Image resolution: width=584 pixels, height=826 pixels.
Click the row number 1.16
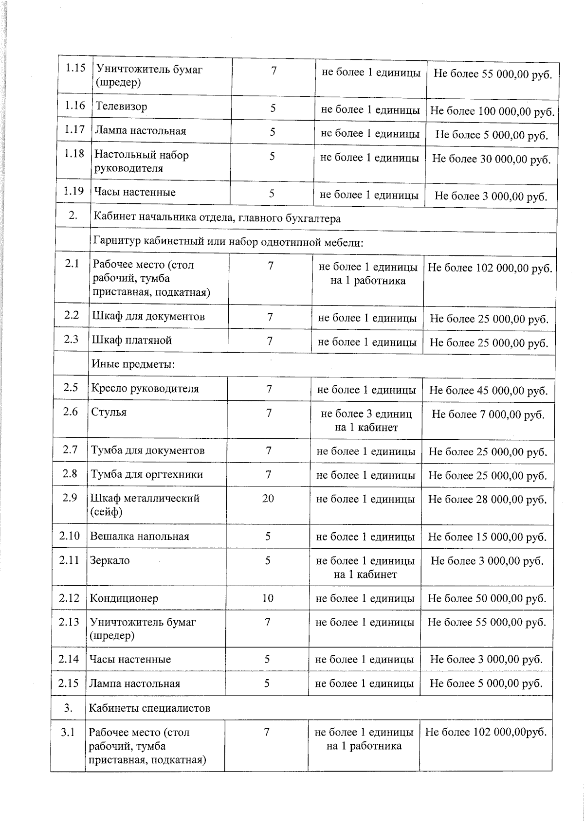pyautogui.click(x=74, y=106)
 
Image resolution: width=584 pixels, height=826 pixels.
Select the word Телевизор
pyautogui.click(x=121, y=107)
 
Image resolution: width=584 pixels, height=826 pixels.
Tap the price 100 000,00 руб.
pyautogui.click(x=492, y=111)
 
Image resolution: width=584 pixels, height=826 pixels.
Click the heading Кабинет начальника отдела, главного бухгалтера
pyautogui.click(x=217, y=218)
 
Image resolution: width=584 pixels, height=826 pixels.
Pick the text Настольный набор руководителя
pyautogui.click(x=141, y=162)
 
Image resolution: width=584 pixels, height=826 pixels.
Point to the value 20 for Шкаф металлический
pyautogui.click(x=268, y=499)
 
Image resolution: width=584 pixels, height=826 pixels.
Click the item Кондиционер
pyautogui.click(x=124, y=598)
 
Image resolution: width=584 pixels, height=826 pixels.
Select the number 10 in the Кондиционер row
pyautogui.click(x=268, y=598)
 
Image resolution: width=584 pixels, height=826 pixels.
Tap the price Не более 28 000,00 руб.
pyautogui.click(x=487, y=500)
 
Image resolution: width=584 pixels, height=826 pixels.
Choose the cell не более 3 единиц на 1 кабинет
pyautogui.click(x=366, y=420)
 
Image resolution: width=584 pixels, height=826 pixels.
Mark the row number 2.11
pyautogui.click(x=69, y=560)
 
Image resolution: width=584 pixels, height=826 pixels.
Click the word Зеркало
pyautogui.click(x=110, y=560)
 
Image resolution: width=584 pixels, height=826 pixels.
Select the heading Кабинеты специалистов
pyautogui.click(x=149, y=708)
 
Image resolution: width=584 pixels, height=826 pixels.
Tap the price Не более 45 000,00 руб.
pyautogui.click(x=488, y=391)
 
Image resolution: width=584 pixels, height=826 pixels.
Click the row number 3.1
pyautogui.click(x=68, y=732)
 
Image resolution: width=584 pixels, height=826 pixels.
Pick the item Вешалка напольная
pyautogui.click(x=139, y=537)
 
